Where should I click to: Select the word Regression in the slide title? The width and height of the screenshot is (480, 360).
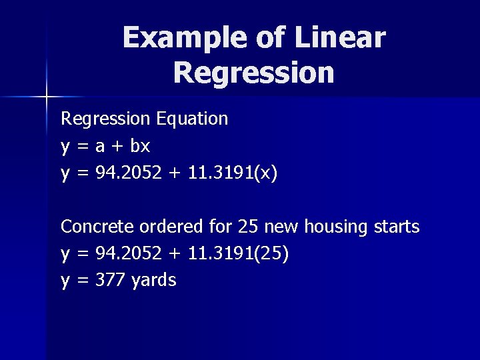253,73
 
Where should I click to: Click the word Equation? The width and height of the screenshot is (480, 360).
193,119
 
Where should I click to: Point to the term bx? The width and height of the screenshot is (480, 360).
140,146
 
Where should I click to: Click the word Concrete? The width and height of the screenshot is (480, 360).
97,227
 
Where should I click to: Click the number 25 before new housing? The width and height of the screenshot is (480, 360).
248,227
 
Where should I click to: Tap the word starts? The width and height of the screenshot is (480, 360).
396,227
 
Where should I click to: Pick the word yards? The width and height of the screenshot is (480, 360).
154,281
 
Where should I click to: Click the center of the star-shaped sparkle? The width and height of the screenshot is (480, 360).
47,97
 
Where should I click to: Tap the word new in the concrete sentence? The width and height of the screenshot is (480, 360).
281,227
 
